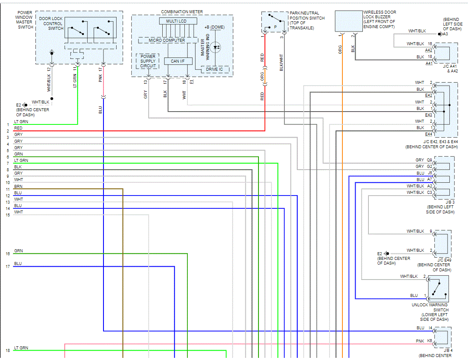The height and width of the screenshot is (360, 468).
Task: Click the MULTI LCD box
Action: coord(178,21)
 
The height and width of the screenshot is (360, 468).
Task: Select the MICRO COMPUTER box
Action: coord(167,40)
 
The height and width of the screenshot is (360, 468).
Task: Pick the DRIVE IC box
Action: coord(215,69)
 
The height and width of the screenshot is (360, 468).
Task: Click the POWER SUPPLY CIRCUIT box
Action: coord(148,61)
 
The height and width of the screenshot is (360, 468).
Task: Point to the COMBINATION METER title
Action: coord(182,12)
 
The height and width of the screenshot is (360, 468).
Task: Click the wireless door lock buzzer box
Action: coord(348,21)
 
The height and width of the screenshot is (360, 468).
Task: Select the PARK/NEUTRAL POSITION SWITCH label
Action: coord(307,20)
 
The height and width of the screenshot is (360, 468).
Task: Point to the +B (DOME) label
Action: coord(214,27)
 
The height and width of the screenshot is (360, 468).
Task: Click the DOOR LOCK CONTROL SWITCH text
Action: coord(51,23)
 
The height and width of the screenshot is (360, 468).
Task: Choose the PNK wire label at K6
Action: coord(420,341)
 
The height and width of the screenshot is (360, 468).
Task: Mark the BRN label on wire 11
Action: coord(18,187)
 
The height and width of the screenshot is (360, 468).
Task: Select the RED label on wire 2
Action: coord(18,128)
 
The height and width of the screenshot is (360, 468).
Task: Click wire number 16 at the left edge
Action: coord(8,254)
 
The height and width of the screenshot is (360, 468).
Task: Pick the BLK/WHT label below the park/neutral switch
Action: coord(281,62)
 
